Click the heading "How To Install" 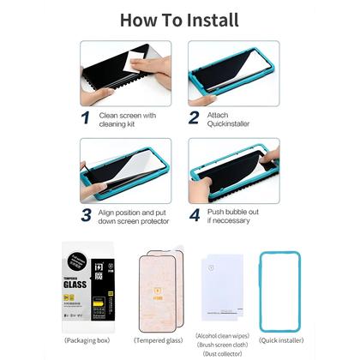pyautogui.click(x=179, y=20)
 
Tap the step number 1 pyautogui.click(x=86, y=117)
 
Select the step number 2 pyautogui.click(x=194, y=117)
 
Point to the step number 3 pyautogui.click(x=86, y=214)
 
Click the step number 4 pyautogui.click(x=195, y=214)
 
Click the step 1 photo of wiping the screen pyautogui.click(x=125, y=71)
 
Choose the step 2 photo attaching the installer pyautogui.click(x=234, y=71)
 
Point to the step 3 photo pyautogui.click(x=125, y=168)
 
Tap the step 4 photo pyautogui.click(x=234, y=168)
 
